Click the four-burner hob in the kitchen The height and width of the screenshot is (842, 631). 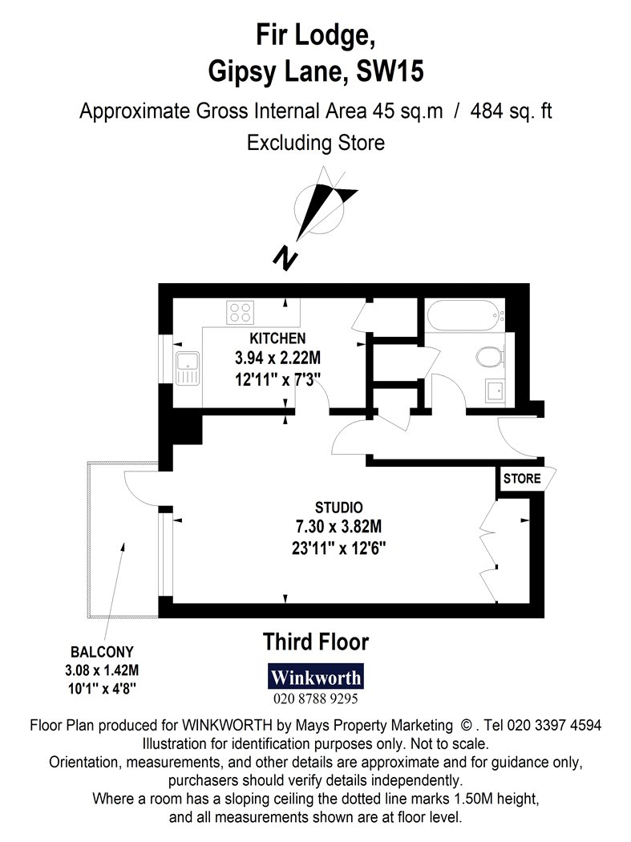click(x=240, y=312)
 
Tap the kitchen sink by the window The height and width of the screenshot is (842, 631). click(x=188, y=368)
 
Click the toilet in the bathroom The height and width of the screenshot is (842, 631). click(x=491, y=356)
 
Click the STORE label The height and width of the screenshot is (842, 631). click(x=522, y=479)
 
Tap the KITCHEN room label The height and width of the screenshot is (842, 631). click(x=277, y=338)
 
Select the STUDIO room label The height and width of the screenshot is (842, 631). click(x=339, y=508)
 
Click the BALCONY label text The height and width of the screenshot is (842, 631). click(x=102, y=652)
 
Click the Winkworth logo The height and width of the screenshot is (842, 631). click(x=316, y=677)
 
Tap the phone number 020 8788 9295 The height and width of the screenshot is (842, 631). click(x=316, y=698)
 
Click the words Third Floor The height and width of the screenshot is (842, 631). click(x=316, y=642)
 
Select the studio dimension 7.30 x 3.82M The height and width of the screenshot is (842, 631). click(x=339, y=527)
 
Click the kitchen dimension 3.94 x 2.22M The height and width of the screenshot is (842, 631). click(x=277, y=358)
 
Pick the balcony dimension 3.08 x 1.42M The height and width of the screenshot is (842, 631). click(x=102, y=670)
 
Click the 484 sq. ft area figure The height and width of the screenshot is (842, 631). click(x=512, y=111)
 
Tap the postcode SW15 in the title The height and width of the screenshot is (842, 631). click(x=390, y=71)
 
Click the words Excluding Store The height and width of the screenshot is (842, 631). click(x=316, y=143)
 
